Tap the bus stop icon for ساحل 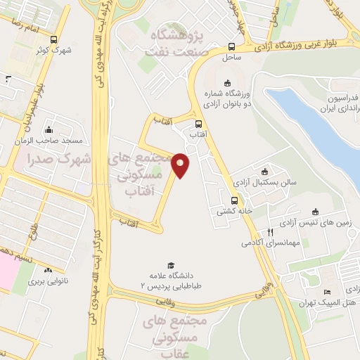[x=231, y=47]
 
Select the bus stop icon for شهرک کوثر [x=54, y=40]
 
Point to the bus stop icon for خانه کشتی [x=234, y=200]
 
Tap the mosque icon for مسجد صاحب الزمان [x=48, y=130]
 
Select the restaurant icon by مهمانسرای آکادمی [x=269, y=232]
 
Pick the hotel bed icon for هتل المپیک [x=326, y=292]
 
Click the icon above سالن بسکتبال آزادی [x=264, y=172]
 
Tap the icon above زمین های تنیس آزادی [x=314, y=212]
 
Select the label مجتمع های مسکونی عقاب [x=176, y=335]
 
